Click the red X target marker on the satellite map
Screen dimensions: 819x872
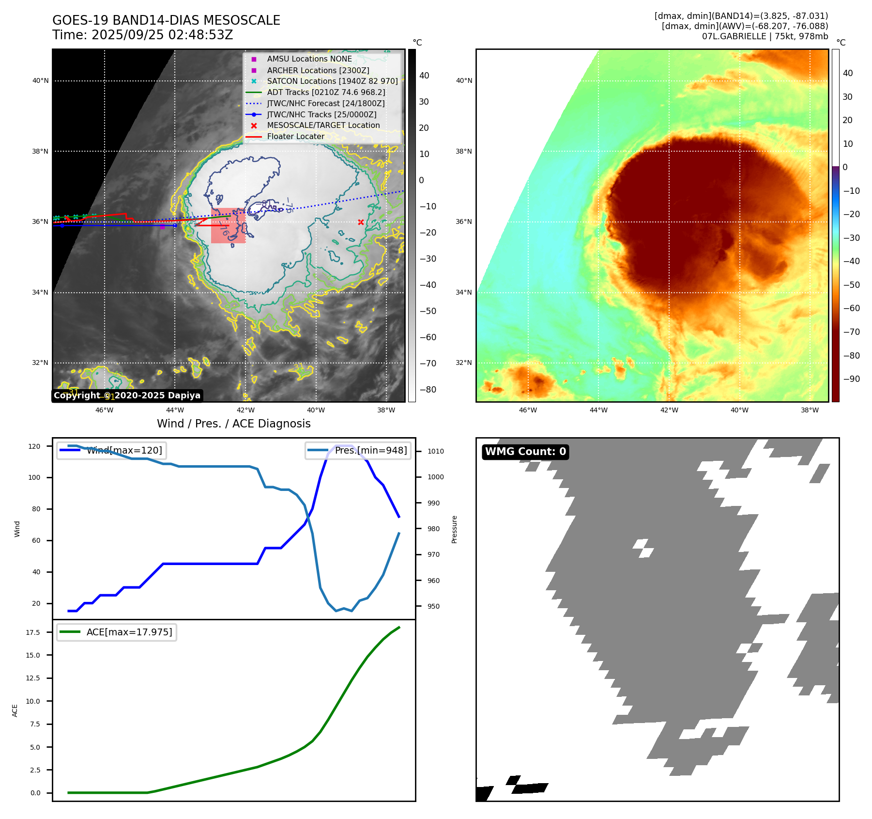[x=361, y=222]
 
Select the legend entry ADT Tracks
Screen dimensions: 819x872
[x=326, y=92]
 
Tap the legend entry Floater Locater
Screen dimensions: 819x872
[x=295, y=136]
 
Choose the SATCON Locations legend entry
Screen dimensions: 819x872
[x=332, y=81]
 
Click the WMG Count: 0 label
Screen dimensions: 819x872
[x=525, y=452]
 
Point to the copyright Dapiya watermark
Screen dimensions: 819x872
[x=127, y=395]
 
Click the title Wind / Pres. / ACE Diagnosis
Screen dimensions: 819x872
[x=233, y=424]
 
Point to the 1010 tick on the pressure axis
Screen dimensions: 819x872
[x=435, y=451]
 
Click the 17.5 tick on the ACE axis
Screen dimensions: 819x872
[x=33, y=632]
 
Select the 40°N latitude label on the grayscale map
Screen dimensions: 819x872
[x=40, y=81]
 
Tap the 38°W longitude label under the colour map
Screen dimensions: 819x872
[x=810, y=410]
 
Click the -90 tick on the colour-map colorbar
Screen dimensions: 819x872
[x=851, y=379]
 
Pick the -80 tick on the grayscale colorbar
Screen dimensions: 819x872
[x=428, y=390]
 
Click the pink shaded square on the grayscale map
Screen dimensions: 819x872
[x=228, y=226]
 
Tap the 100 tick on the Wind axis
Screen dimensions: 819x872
[x=34, y=477]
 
